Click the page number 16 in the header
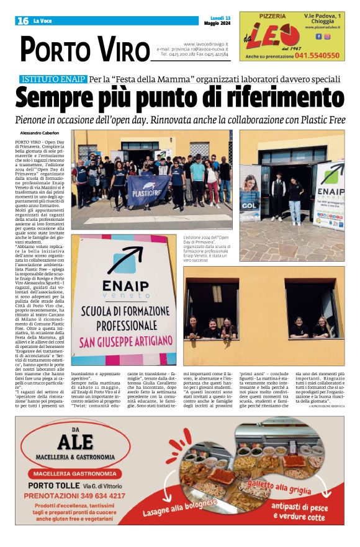click(x=23, y=20)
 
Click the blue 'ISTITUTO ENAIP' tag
click(x=53, y=79)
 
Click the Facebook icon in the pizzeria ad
click(x=318, y=36)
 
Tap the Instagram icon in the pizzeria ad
click(x=327, y=36)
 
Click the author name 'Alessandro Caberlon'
click(x=40, y=133)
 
